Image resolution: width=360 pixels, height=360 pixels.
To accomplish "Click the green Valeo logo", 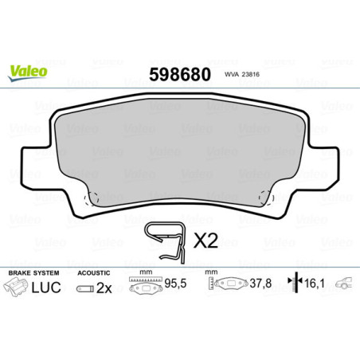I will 28,71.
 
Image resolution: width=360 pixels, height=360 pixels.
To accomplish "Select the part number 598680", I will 179,75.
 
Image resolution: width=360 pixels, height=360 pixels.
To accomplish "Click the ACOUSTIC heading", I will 94,272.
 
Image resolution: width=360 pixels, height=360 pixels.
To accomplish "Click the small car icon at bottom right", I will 345,284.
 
